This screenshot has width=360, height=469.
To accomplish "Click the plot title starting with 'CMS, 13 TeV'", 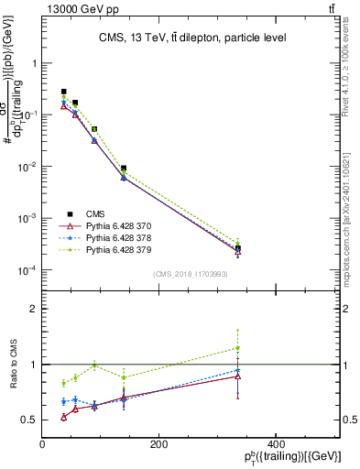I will click(x=191, y=38).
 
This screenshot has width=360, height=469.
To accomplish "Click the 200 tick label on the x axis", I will click(x=158, y=444).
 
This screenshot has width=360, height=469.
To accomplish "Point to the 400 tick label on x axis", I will click(x=275, y=444).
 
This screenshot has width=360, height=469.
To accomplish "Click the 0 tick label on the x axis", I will click(x=43, y=444).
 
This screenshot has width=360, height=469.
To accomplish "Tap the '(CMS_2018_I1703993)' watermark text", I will click(x=190, y=274).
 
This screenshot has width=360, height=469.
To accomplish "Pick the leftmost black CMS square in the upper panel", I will click(x=63, y=92).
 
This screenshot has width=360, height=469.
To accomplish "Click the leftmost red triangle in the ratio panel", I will click(x=63, y=417).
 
